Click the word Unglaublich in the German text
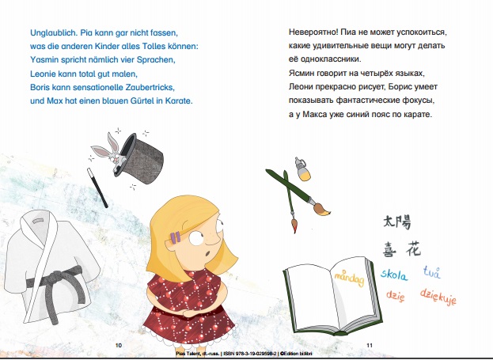click(54, 32)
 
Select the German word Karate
click(179, 101)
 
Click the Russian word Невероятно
click(313, 32)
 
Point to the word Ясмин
click(301, 74)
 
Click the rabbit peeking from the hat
click(109, 150)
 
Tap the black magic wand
click(97, 188)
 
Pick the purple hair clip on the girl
click(176, 237)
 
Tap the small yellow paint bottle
click(303, 169)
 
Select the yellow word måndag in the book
click(349, 278)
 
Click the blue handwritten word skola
click(394, 275)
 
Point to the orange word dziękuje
click(438, 297)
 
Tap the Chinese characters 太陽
click(397, 222)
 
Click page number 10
click(119, 345)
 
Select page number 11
click(370, 345)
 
